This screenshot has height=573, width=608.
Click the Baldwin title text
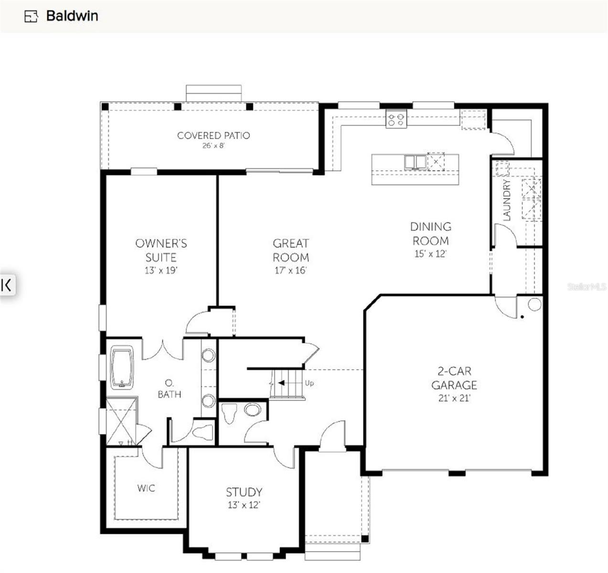(x=72, y=16)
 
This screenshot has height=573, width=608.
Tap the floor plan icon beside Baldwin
(x=31, y=16)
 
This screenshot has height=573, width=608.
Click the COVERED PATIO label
(x=213, y=136)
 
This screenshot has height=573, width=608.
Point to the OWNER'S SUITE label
(x=161, y=250)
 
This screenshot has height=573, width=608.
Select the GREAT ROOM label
(x=290, y=250)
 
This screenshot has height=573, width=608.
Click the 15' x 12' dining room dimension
(x=430, y=254)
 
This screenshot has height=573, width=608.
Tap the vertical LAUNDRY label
(x=507, y=200)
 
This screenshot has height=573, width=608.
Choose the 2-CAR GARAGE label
(x=454, y=378)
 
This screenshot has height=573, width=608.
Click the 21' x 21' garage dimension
(x=454, y=398)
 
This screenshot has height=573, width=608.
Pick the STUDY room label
(x=244, y=492)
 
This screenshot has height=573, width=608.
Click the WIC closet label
(x=146, y=488)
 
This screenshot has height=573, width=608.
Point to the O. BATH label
(x=169, y=389)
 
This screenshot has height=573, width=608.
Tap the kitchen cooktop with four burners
(x=396, y=119)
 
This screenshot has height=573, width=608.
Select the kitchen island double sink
(x=415, y=162)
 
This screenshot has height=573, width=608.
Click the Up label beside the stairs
(x=309, y=383)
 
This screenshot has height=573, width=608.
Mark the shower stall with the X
(x=121, y=421)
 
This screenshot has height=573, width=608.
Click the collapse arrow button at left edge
(x=7, y=285)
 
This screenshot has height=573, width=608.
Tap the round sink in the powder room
(x=253, y=409)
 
